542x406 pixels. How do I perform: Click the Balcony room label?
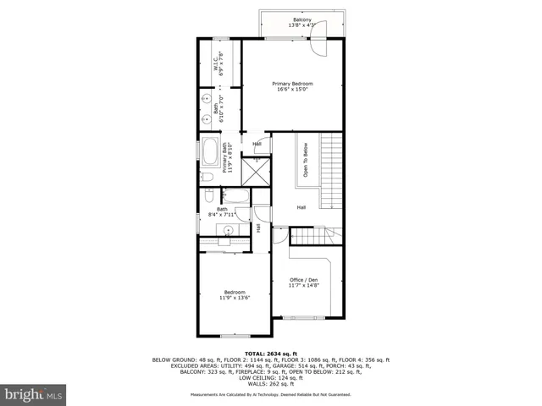click(302, 19)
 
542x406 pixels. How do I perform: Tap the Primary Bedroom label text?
click(292, 84)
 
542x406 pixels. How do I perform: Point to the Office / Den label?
click(303, 280)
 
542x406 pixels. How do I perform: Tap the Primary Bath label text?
click(226, 158)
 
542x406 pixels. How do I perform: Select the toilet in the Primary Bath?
click(207, 178)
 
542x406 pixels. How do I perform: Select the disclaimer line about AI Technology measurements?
click(271, 395)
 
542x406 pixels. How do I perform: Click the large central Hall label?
click(301, 207)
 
